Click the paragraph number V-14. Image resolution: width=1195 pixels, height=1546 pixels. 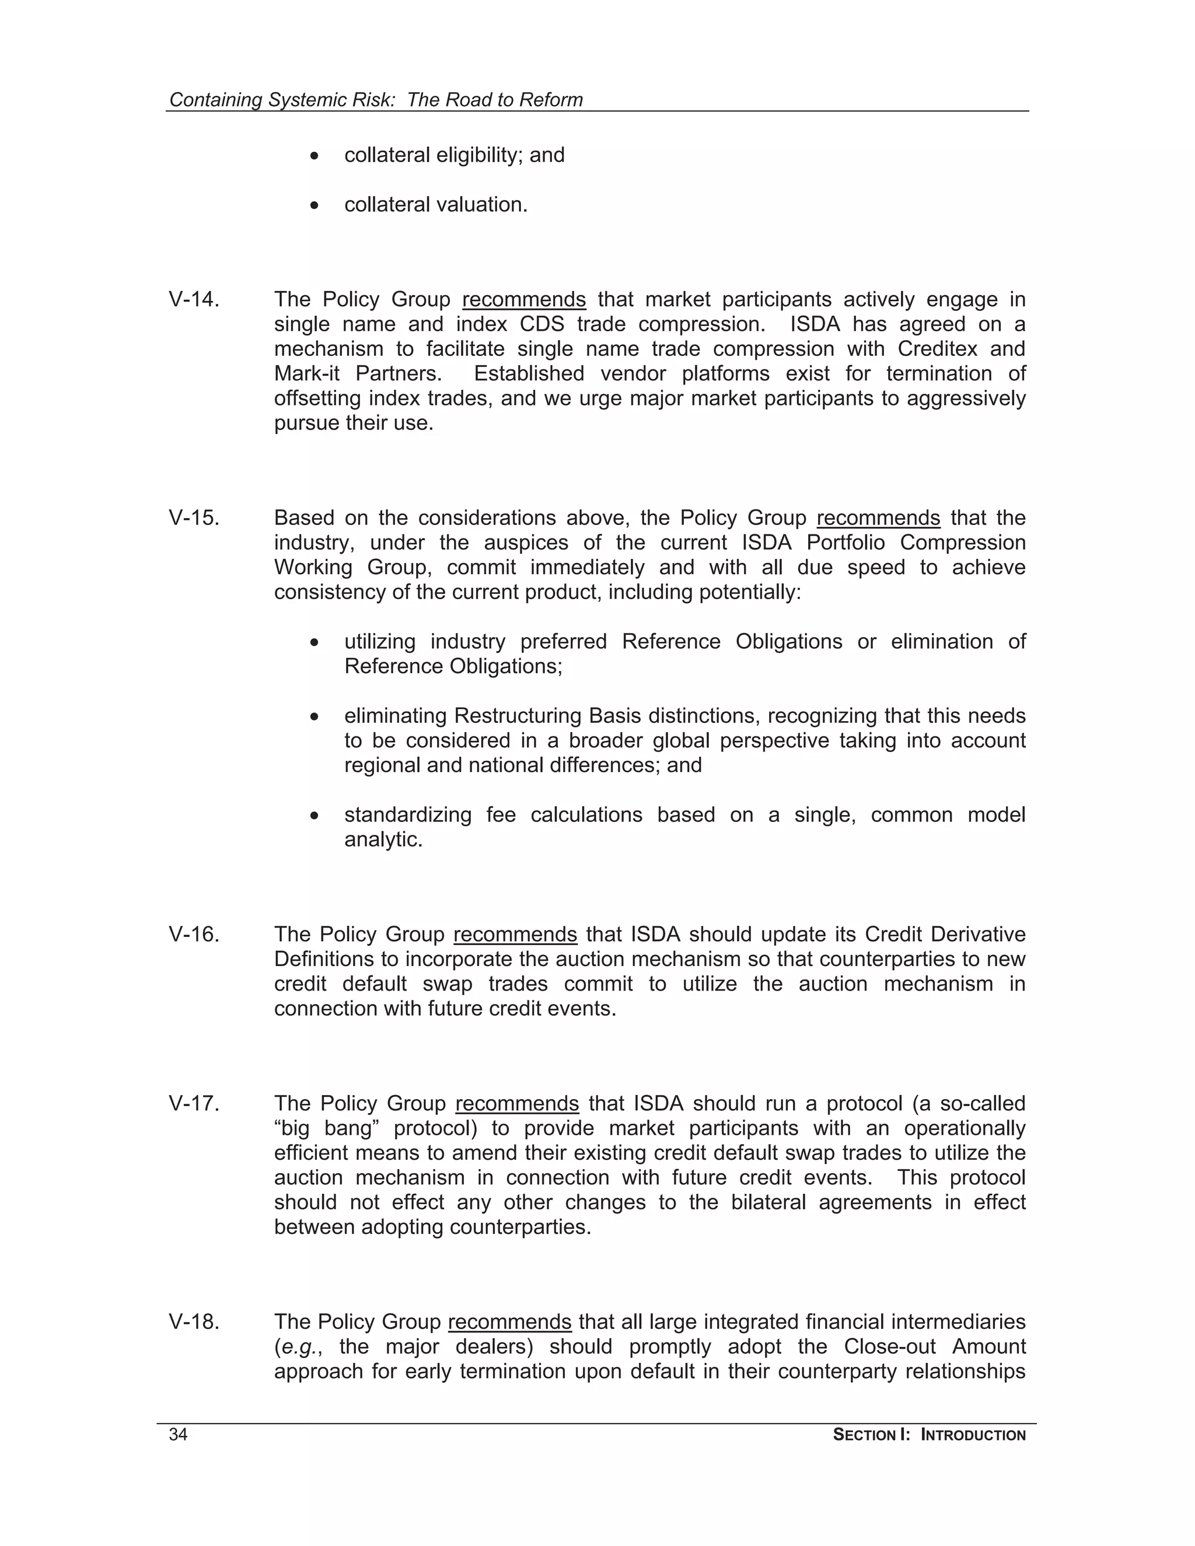(194, 299)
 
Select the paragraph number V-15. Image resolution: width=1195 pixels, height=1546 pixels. (194, 517)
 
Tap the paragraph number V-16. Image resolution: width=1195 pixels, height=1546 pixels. (194, 935)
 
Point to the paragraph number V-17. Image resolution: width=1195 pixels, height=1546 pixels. (194, 1104)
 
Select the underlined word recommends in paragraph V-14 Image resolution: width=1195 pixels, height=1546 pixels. (524, 299)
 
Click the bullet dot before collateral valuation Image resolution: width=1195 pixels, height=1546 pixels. (315, 206)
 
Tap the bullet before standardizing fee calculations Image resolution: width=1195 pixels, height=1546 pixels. (315, 816)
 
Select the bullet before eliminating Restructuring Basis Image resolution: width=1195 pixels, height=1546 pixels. (315, 717)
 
